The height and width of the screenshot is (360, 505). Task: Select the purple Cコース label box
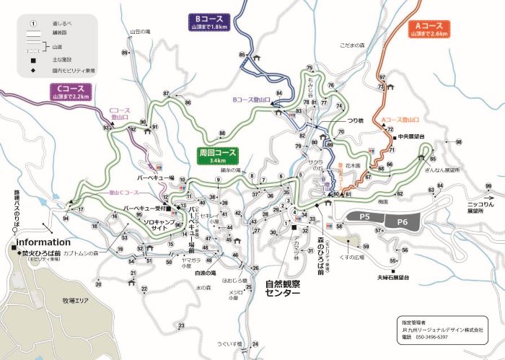(x=70, y=91)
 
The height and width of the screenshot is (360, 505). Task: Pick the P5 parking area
(x=365, y=216)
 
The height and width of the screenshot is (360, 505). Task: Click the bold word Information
(x=43, y=242)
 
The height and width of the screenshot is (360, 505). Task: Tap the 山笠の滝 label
(x=140, y=32)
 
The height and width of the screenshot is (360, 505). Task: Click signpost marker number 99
(x=489, y=187)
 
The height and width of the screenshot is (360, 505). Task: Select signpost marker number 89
(x=125, y=53)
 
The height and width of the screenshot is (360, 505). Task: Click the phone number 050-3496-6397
(x=433, y=337)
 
